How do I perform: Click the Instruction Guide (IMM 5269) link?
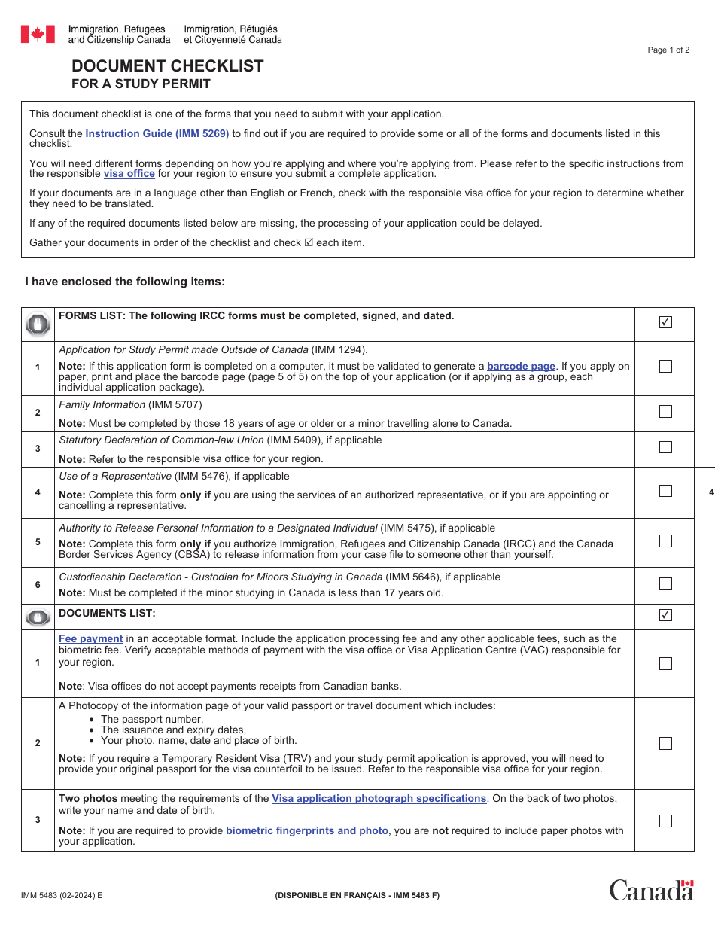pyautogui.click(x=157, y=133)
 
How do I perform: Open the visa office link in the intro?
pyautogui.click(x=129, y=174)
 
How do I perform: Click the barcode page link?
pyautogui.click(x=521, y=367)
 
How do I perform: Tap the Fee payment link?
pyautogui.click(x=90, y=638)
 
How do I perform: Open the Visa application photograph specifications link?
pyautogui.click(x=379, y=798)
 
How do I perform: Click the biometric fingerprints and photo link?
pyautogui.click(x=307, y=830)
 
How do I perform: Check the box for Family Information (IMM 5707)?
pyautogui.click(x=665, y=412)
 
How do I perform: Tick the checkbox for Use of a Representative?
pyautogui.click(x=665, y=491)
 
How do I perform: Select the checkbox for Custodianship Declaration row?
pyautogui.click(x=665, y=584)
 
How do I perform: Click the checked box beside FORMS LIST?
pyautogui.click(x=665, y=322)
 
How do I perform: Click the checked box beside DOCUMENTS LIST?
pyautogui.click(x=665, y=615)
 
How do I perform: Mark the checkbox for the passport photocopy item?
pyautogui.click(x=665, y=743)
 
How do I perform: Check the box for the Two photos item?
pyautogui.click(x=665, y=821)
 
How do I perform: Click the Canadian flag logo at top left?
pyautogui.click(x=38, y=34)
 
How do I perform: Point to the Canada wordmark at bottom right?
pyautogui.click(x=651, y=890)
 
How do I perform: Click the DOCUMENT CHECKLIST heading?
pyautogui.click(x=168, y=66)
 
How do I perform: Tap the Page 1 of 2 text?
pyautogui.click(x=668, y=50)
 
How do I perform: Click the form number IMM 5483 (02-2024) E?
pyautogui.click(x=62, y=895)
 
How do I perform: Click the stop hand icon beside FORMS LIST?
pyautogui.click(x=38, y=324)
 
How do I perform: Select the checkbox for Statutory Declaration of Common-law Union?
pyautogui.click(x=665, y=447)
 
